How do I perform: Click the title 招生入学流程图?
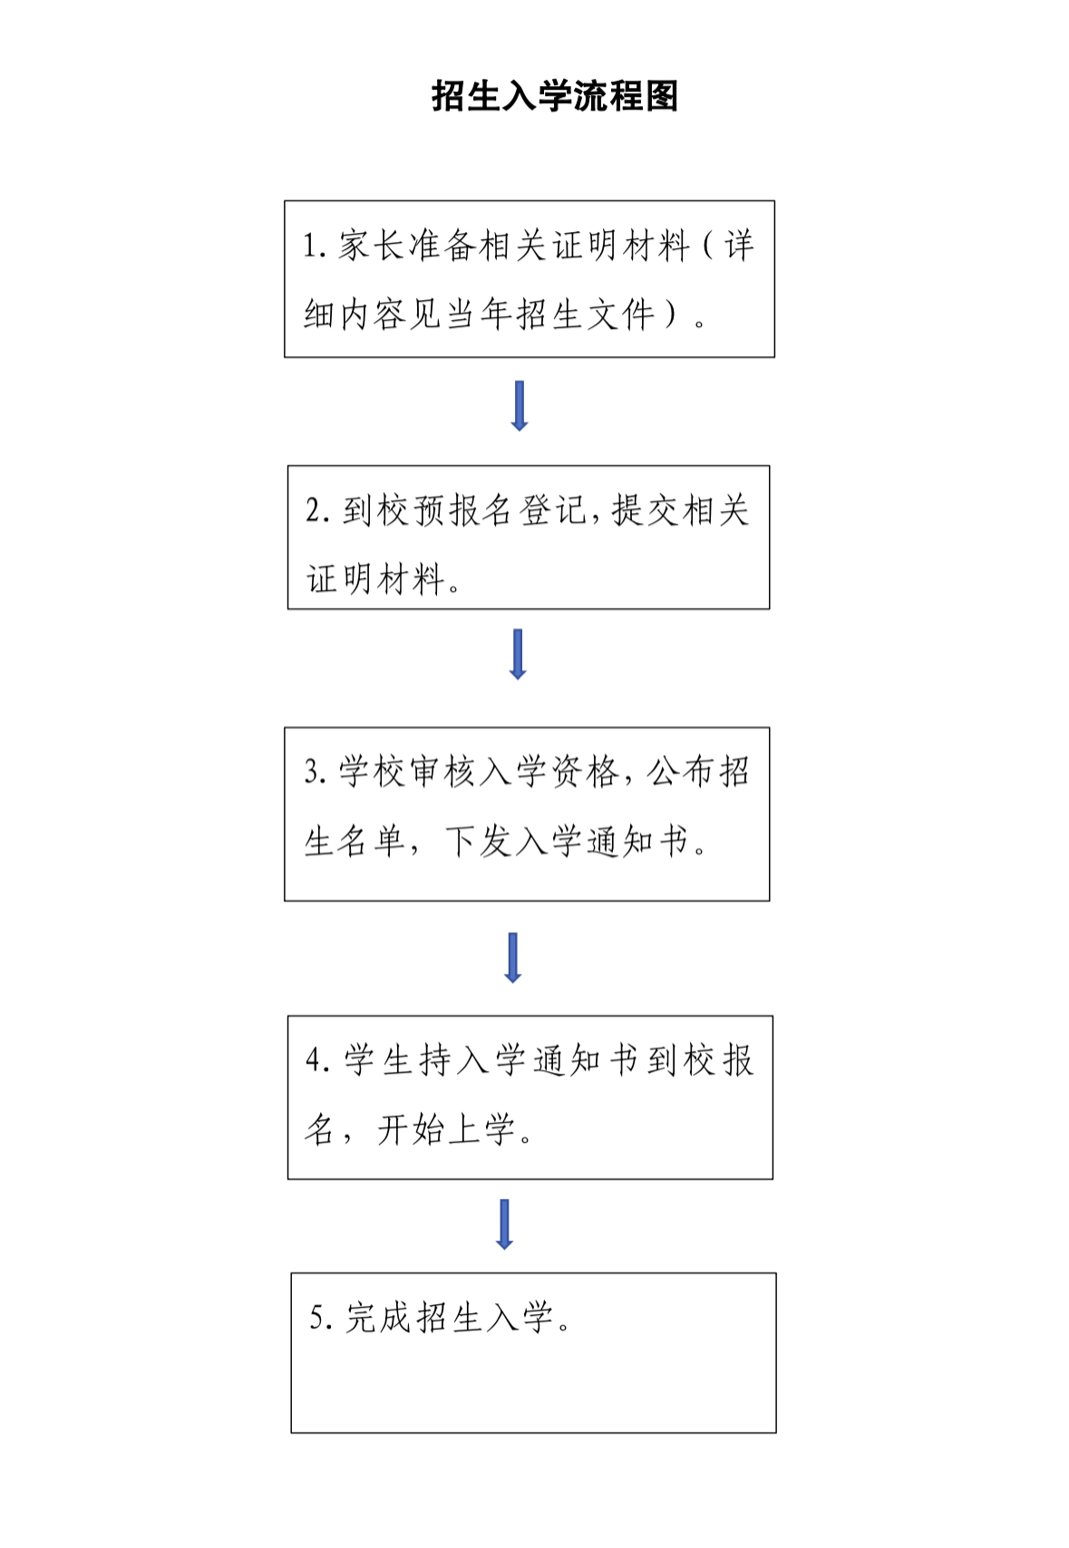click(555, 96)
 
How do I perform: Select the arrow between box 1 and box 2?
click(520, 406)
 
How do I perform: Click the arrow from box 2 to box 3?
click(518, 653)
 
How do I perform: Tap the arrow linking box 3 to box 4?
click(513, 958)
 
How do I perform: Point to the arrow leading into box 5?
click(505, 1224)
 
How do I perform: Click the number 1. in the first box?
click(315, 246)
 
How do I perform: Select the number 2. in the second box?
click(318, 510)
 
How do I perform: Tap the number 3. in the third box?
click(316, 771)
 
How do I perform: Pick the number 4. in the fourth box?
click(318, 1059)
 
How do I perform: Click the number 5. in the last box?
click(322, 1317)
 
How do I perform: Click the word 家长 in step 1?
click(372, 246)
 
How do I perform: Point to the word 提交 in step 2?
click(646, 510)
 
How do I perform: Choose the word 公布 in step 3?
click(681, 771)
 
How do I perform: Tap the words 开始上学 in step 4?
click(446, 1130)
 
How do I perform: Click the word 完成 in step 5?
click(378, 1317)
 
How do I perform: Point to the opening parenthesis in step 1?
click(708, 246)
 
